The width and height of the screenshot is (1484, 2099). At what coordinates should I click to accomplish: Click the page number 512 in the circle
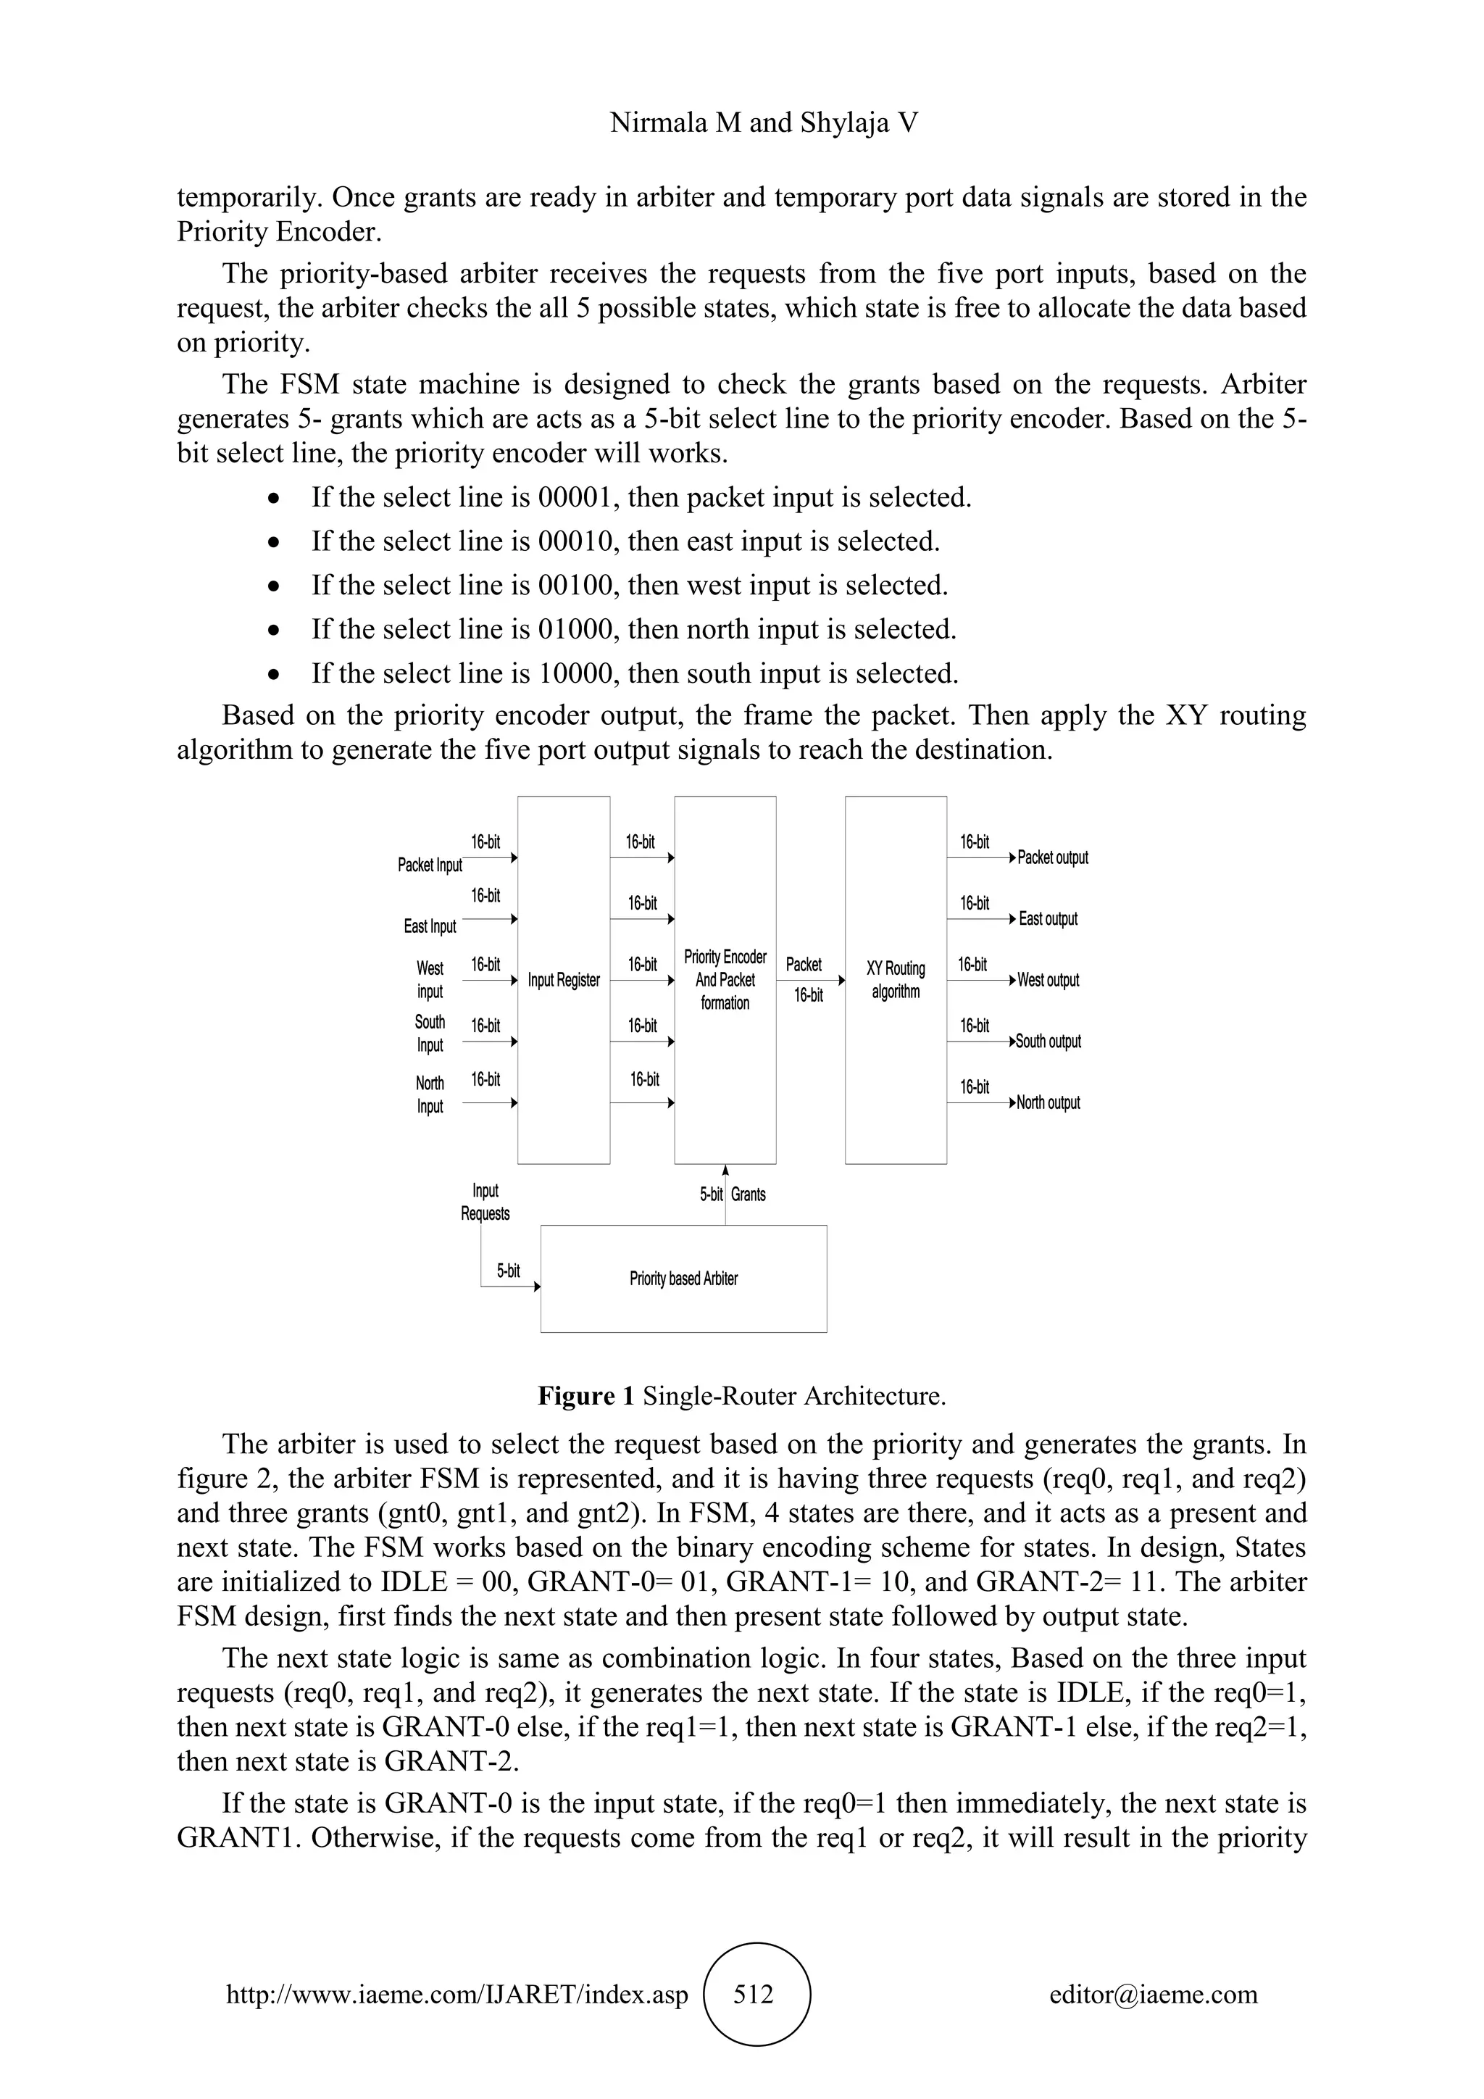pyautogui.click(x=754, y=1994)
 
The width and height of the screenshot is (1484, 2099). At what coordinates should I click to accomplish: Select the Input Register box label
pyautogui.click(x=564, y=980)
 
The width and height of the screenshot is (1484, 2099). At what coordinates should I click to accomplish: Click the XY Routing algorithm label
pyautogui.click(x=896, y=980)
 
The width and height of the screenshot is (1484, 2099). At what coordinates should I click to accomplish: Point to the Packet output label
pyautogui.click(x=1053, y=857)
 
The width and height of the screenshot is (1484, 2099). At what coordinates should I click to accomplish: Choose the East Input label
pyautogui.click(x=430, y=926)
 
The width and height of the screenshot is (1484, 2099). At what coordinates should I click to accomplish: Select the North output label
pyautogui.click(x=1048, y=1102)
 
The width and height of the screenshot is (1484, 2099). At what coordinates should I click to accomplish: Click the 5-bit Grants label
pyautogui.click(x=733, y=1194)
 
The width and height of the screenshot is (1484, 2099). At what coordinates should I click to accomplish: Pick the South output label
pyautogui.click(x=1048, y=1042)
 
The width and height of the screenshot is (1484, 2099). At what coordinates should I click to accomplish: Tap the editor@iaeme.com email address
pyautogui.click(x=1153, y=1994)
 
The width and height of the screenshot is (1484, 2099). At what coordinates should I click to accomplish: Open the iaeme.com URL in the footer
pyautogui.click(x=457, y=1994)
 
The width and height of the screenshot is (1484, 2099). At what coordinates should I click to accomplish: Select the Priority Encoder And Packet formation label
pyautogui.click(x=725, y=980)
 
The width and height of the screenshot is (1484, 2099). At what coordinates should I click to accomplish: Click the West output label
pyautogui.click(x=1048, y=980)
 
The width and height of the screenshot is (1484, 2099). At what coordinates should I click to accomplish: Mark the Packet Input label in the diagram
pyautogui.click(x=430, y=865)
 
